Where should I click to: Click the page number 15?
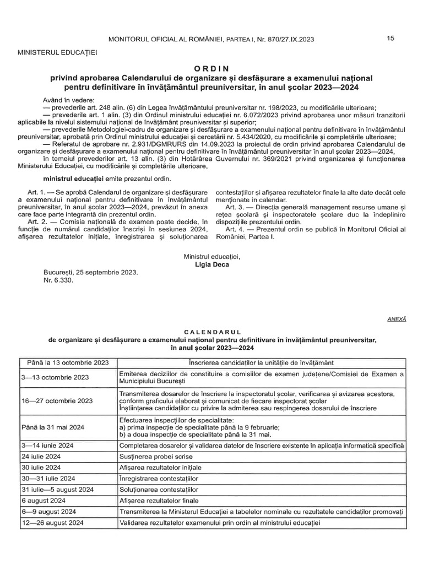[x=391, y=38]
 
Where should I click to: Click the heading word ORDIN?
[x=211, y=68]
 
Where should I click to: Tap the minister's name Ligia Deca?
[x=211, y=264]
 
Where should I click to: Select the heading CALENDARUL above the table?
[x=212, y=333]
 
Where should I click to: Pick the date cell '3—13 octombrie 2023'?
[x=55, y=377]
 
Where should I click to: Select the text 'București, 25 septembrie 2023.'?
[x=91, y=273]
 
